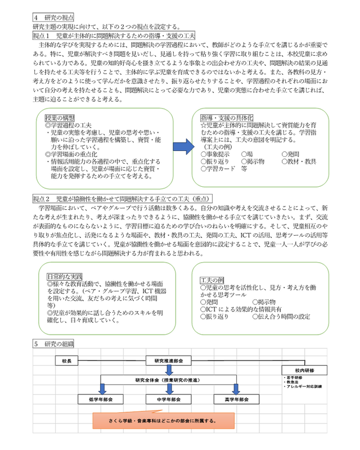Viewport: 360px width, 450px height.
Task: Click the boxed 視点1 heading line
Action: [x=114, y=34]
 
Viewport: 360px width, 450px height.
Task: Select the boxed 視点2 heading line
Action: [x=122, y=198]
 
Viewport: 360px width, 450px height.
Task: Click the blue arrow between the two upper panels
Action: [x=182, y=147]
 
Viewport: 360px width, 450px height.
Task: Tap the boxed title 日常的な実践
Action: [x=65, y=277]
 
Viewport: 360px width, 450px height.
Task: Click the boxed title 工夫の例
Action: [x=212, y=280]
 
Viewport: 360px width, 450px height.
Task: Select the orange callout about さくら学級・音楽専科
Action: [x=155, y=420]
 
